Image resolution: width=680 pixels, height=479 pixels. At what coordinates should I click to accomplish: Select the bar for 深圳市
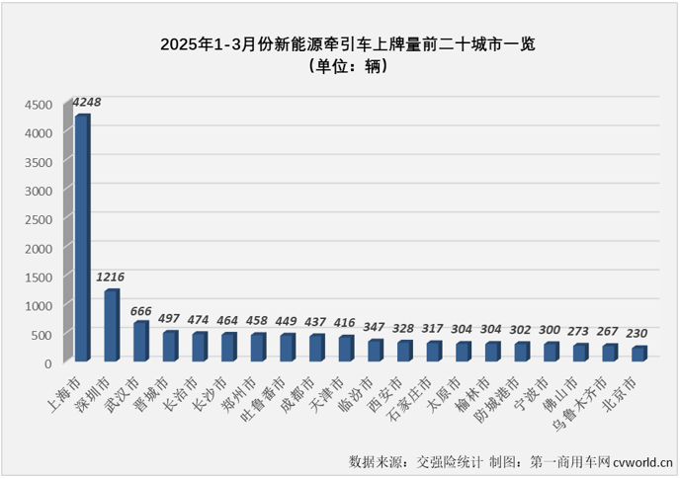point(111,325)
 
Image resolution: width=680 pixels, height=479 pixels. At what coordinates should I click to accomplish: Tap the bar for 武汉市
point(140,342)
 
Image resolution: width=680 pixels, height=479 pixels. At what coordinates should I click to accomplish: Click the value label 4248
point(87,101)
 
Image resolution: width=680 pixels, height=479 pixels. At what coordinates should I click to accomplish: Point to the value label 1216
point(112,277)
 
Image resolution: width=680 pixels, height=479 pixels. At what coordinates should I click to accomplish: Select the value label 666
point(140,310)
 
